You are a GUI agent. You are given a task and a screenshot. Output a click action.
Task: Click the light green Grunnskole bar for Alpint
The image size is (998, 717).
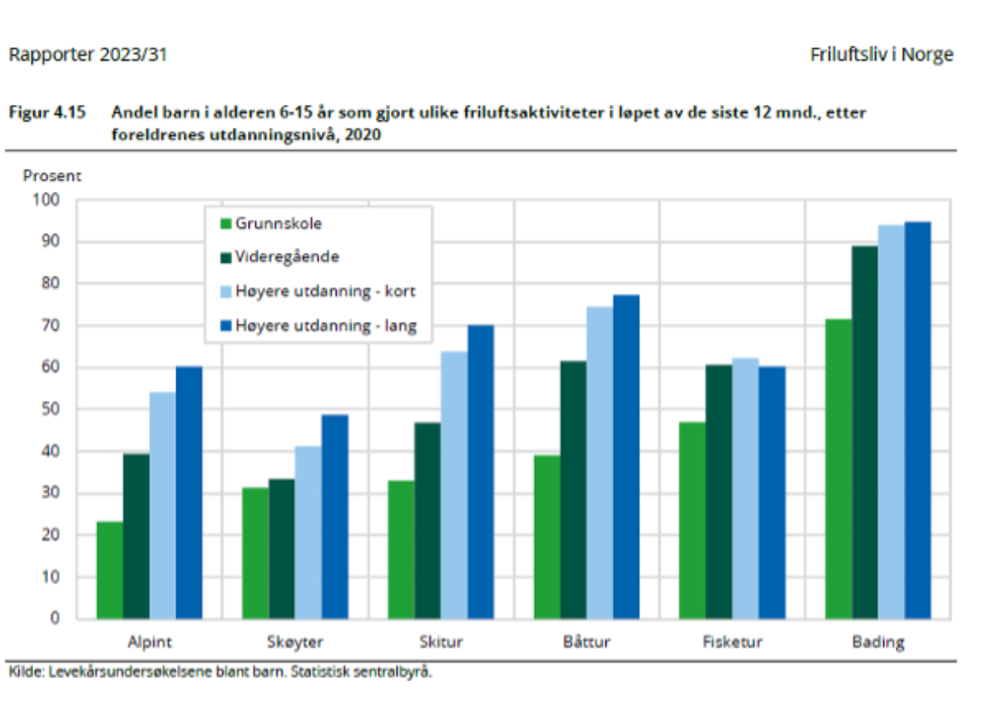(x=110, y=570)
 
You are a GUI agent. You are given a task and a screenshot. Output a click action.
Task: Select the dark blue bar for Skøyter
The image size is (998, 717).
(x=335, y=517)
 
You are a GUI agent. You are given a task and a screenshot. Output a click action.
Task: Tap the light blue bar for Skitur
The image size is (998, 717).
(x=454, y=485)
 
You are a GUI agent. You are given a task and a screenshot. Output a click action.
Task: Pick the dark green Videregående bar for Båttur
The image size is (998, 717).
(x=573, y=490)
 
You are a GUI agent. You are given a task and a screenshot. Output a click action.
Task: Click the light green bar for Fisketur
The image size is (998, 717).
(x=692, y=520)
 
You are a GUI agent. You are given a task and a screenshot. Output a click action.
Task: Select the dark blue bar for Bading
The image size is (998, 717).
(x=918, y=420)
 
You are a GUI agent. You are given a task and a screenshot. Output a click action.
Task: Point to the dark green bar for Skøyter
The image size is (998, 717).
(x=282, y=548)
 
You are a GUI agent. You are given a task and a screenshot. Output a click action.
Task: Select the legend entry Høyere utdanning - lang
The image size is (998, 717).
(x=325, y=326)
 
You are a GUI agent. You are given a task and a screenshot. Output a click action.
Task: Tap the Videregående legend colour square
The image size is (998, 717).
(x=225, y=258)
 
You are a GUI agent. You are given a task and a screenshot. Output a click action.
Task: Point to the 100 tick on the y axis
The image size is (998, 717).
(x=47, y=200)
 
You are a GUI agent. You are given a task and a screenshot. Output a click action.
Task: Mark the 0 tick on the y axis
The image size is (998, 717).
(x=55, y=619)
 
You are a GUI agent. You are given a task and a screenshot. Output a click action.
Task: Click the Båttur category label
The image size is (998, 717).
(x=586, y=642)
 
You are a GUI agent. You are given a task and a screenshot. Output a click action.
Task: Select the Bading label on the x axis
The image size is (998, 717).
(x=878, y=642)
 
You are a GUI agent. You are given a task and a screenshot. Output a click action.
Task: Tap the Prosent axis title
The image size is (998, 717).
(x=52, y=176)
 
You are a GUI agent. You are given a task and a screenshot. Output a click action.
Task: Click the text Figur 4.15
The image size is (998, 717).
(x=47, y=112)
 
